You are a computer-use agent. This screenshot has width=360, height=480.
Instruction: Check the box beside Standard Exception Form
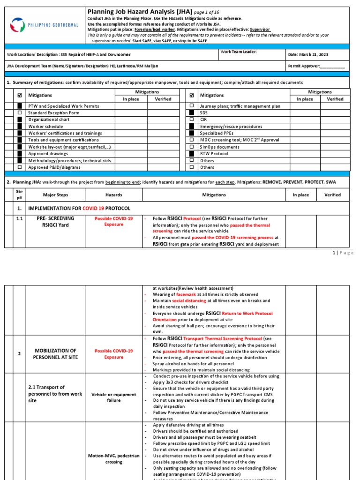pos(19,113)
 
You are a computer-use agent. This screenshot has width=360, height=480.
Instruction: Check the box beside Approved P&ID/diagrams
pos(19,167)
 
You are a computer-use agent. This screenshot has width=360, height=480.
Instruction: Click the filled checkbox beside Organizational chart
pos(19,120)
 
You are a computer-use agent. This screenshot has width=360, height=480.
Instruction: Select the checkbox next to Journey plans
pos(191,106)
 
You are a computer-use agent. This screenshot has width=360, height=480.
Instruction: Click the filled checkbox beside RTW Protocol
pos(191,153)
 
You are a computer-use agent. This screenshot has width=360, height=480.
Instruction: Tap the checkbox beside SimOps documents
pos(191,147)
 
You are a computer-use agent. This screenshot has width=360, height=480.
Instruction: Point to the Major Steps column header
pos(55,195)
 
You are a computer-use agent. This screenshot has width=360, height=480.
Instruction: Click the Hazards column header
pos(113,195)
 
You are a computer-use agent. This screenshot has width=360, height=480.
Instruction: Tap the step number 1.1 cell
pos(19,218)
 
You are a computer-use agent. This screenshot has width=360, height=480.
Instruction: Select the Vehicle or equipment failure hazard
pos(113,397)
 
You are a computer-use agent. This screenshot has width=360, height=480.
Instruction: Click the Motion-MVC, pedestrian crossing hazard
pos(113,458)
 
